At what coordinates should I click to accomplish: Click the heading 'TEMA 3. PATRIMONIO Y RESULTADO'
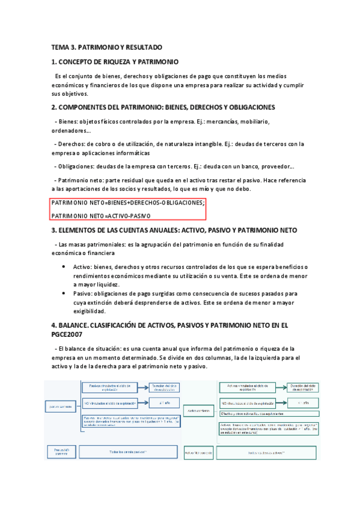(107, 47)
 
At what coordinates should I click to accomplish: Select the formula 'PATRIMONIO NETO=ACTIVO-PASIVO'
(101, 215)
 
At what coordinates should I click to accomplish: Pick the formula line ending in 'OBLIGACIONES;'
(128, 203)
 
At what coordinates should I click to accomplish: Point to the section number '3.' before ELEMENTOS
(54, 230)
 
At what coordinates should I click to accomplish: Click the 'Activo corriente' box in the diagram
(198, 411)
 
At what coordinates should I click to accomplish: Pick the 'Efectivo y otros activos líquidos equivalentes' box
(260, 414)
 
